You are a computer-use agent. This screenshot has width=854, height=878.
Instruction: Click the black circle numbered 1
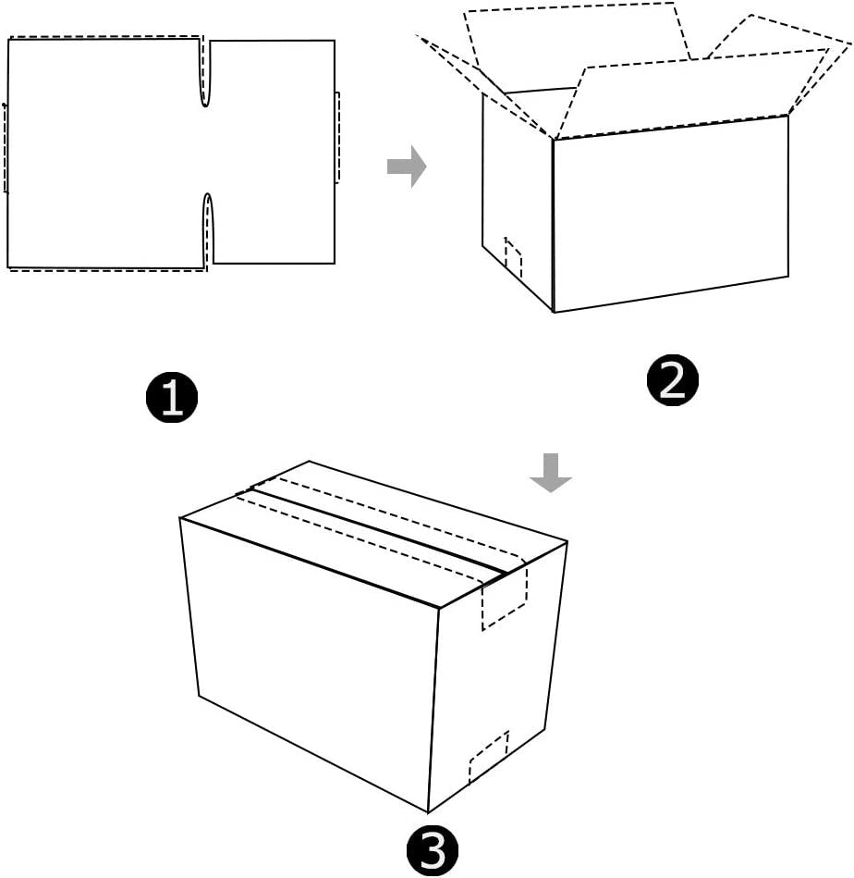click(172, 398)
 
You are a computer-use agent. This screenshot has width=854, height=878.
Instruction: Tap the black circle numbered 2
click(672, 380)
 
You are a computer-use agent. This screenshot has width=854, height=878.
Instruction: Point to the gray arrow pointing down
click(551, 472)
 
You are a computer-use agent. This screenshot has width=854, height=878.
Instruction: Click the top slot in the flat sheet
click(206, 74)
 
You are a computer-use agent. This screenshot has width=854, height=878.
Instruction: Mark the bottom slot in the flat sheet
click(208, 229)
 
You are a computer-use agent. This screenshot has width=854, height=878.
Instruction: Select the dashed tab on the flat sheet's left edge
click(6, 148)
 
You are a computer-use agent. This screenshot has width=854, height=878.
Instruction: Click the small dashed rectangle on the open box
click(513, 259)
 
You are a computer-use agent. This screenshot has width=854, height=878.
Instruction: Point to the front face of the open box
click(670, 213)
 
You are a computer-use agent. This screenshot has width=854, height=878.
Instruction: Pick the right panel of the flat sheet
click(273, 153)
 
